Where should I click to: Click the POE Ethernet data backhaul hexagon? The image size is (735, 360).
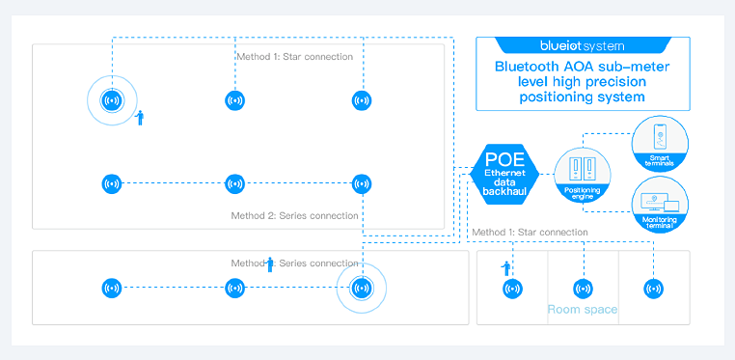(504, 174)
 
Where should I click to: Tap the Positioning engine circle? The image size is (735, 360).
(583, 175)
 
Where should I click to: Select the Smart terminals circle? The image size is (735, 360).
(660, 144)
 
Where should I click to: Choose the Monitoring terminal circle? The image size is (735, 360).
(660, 205)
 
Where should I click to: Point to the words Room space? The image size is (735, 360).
(583, 310)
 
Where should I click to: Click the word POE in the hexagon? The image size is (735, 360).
(504, 159)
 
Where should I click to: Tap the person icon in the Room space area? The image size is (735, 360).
(505, 268)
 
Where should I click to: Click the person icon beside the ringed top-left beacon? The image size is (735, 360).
(139, 118)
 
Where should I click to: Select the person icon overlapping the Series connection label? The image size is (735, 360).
(269, 264)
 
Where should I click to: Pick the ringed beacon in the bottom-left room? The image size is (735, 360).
(362, 288)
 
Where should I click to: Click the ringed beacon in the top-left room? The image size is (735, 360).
(112, 100)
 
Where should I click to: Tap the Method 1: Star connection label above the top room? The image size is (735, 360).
(294, 57)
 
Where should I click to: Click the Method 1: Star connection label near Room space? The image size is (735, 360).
(530, 232)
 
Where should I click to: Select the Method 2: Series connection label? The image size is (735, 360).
(294, 216)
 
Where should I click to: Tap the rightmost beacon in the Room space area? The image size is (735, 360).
(653, 289)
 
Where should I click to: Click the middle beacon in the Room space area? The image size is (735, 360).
(584, 289)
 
